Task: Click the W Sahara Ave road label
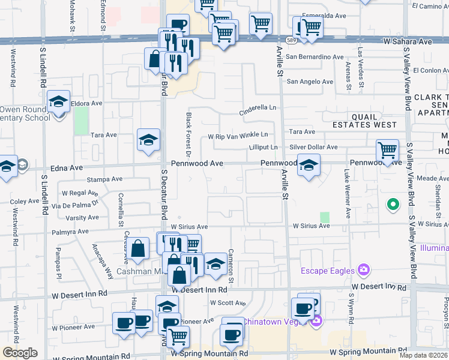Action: pyautogui.click(x=408, y=42)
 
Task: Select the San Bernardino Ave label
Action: pyautogui.click(x=315, y=57)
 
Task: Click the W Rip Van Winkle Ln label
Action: pyautogui.click(x=238, y=136)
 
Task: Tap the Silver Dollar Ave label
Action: pyautogui.click(x=313, y=147)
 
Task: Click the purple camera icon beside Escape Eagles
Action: pyautogui.click(x=363, y=269)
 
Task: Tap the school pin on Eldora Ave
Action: pyautogui.click(x=59, y=102)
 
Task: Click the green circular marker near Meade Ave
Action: pyautogui.click(x=393, y=205)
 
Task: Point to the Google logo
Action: pyautogui.click(x=20, y=353)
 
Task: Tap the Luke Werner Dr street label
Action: pyautogui.click(x=347, y=193)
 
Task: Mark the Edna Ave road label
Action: pyautogui.click(x=50, y=169)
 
